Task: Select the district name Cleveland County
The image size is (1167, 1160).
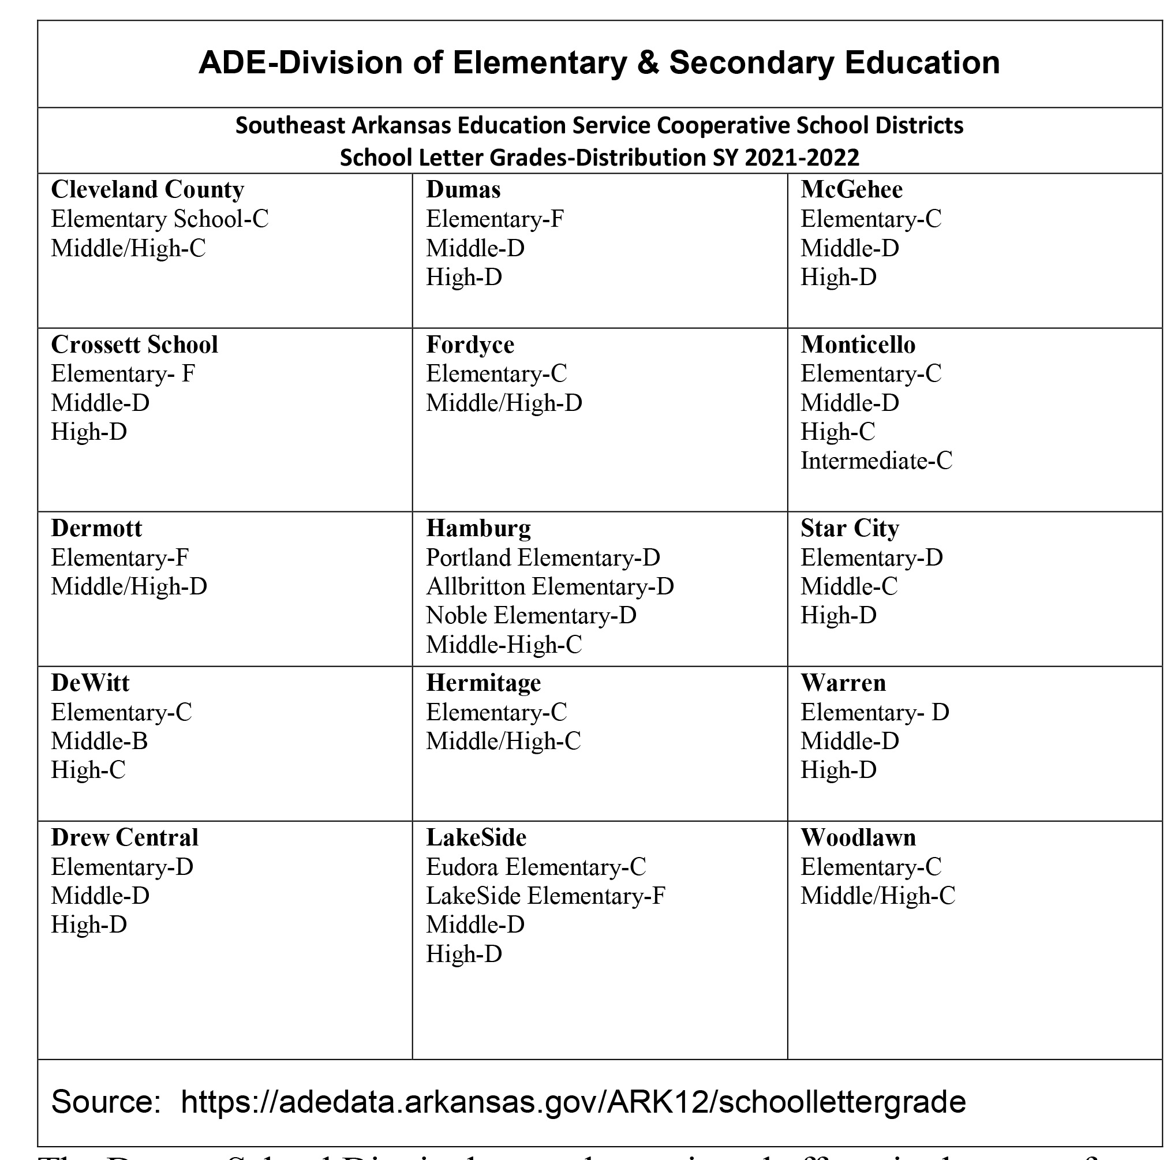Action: click(147, 190)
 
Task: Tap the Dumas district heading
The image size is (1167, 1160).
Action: click(463, 190)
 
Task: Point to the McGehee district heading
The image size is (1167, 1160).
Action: click(851, 190)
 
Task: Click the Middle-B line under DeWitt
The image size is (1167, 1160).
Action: click(100, 741)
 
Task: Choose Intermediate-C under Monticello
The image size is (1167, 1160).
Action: click(876, 461)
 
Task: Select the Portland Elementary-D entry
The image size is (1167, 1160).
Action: click(543, 557)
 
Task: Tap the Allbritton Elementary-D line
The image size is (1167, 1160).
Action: click(549, 586)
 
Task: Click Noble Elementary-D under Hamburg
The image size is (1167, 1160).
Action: click(531, 615)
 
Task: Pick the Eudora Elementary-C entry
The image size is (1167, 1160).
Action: click(536, 867)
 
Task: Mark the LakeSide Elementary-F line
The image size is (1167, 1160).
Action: click(545, 896)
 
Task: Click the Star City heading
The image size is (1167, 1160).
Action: click(849, 529)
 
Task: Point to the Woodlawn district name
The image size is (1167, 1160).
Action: click(858, 837)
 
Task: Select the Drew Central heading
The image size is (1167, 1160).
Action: click(125, 837)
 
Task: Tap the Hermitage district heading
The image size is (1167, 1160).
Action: click(483, 683)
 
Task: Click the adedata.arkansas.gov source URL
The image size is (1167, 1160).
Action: click(573, 1102)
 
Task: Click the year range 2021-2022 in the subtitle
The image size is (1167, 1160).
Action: click(802, 158)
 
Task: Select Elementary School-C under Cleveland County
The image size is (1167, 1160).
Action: click(159, 219)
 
